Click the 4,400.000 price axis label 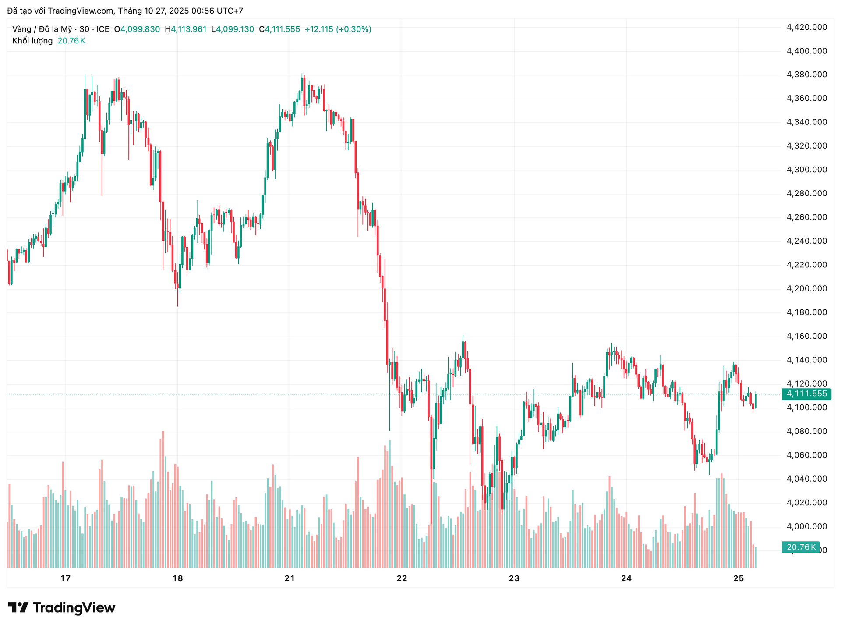point(807,51)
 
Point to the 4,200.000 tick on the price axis point(807,288)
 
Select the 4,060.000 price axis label point(807,455)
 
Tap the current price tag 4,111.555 point(806,394)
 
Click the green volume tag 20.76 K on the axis point(801,547)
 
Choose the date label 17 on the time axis point(65,578)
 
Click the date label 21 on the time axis point(290,578)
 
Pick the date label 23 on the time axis point(514,578)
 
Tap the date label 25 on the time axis point(739,578)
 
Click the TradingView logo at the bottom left point(62,607)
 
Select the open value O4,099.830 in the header point(137,29)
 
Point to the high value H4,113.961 point(185,29)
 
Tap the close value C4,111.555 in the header point(279,29)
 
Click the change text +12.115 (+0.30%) point(338,29)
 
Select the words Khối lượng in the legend point(32,41)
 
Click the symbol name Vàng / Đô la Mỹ point(42,29)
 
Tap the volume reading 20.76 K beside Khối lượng point(71,41)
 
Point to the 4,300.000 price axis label point(807,170)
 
